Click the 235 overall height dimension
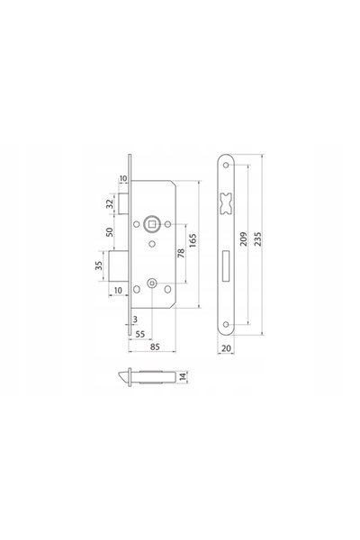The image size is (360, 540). tap(258, 238)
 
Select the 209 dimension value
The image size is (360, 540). tap(244, 238)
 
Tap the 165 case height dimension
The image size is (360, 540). tap(193, 240)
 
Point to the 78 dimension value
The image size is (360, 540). tap(181, 253)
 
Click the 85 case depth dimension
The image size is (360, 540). tap(155, 346)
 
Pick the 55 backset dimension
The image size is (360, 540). tap(140, 334)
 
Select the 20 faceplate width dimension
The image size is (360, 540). tap(226, 348)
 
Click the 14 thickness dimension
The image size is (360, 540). tap(184, 375)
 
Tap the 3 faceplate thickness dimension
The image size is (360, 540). tap(135, 319)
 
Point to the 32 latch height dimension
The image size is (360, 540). tap(110, 203)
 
